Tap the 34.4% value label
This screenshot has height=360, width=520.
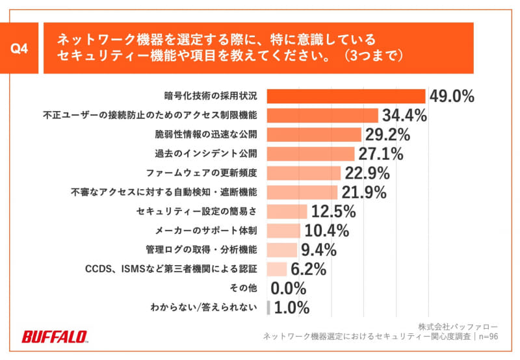(403, 116)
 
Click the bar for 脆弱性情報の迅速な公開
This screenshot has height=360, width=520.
(314, 135)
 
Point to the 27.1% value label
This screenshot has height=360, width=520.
(380, 154)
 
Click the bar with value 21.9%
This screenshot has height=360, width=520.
(302, 192)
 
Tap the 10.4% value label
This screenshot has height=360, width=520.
(326, 231)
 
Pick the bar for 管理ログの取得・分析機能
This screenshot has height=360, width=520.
(282, 250)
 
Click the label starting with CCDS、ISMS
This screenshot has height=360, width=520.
(172, 269)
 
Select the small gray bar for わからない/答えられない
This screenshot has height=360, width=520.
(268, 307)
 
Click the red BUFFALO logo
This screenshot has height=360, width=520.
(55, 336)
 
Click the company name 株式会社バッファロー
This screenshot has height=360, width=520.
(458, 326)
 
